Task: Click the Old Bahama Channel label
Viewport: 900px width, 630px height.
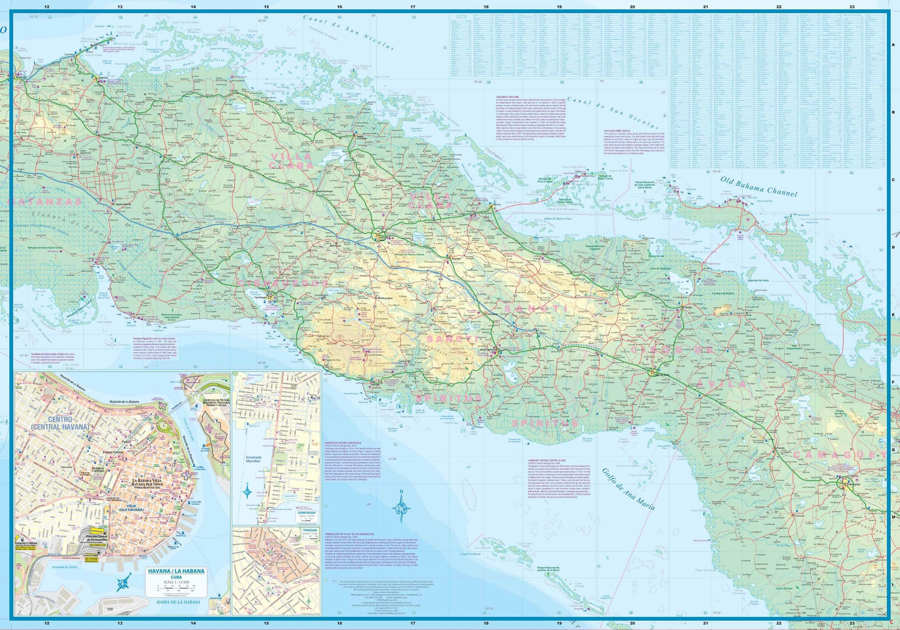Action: (758, 187)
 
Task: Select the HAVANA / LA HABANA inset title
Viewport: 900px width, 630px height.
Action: (176, 571)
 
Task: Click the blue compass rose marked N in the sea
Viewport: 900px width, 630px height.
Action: (401, 511)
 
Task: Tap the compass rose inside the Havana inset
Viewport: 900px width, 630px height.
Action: (124, 581)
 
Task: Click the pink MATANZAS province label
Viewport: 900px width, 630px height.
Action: (45, 202)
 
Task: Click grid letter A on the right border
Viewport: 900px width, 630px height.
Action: (893, 45)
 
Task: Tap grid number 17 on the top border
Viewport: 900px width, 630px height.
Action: (413, 7)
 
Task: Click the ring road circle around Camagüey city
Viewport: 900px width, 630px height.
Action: (845, 481)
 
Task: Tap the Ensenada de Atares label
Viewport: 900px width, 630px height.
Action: (65, 566)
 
